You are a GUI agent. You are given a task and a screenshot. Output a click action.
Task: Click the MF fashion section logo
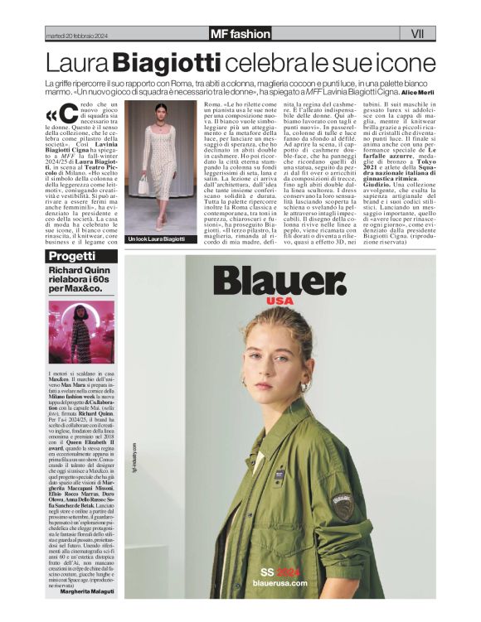tap(240, 34)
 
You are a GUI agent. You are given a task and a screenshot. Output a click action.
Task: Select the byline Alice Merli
tap(417, 93)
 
